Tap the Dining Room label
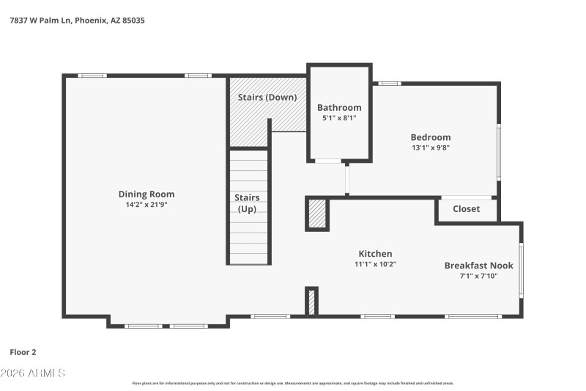click(x=146, y=194)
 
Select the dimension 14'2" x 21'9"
click(x=146, y=205)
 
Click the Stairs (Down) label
click(x=267, y=98)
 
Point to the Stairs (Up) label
click(x=247, y=203)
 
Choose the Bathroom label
click(x=339, y=107)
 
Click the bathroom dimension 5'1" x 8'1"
click(x=339, y=118)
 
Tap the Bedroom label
click(x=430, y=137)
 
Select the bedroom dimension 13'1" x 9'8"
click(x=430, y=147)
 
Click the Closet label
click(x=466, y=209)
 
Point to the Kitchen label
click(x=375, y=254)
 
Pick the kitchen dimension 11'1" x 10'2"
click(x=375, y=264)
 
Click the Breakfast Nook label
click(x=478, y=266)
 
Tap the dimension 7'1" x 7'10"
click(x=478, y=277)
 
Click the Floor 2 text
click(x=23, y=352)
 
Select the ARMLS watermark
click(x=33, y=373)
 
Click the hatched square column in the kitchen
click(x=316, y=215)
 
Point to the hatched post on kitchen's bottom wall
click(x=311, y=302)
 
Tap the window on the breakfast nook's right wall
click(x=521, y=269)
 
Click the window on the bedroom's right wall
click(x=499, y=152)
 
